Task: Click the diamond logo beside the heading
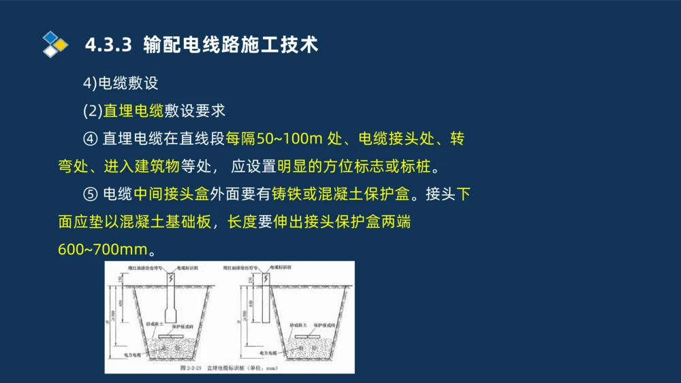coord(55,45)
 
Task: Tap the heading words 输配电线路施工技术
coord(231,45)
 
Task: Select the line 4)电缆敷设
coord(121,83)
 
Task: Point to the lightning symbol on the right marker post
coord(265,279)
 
